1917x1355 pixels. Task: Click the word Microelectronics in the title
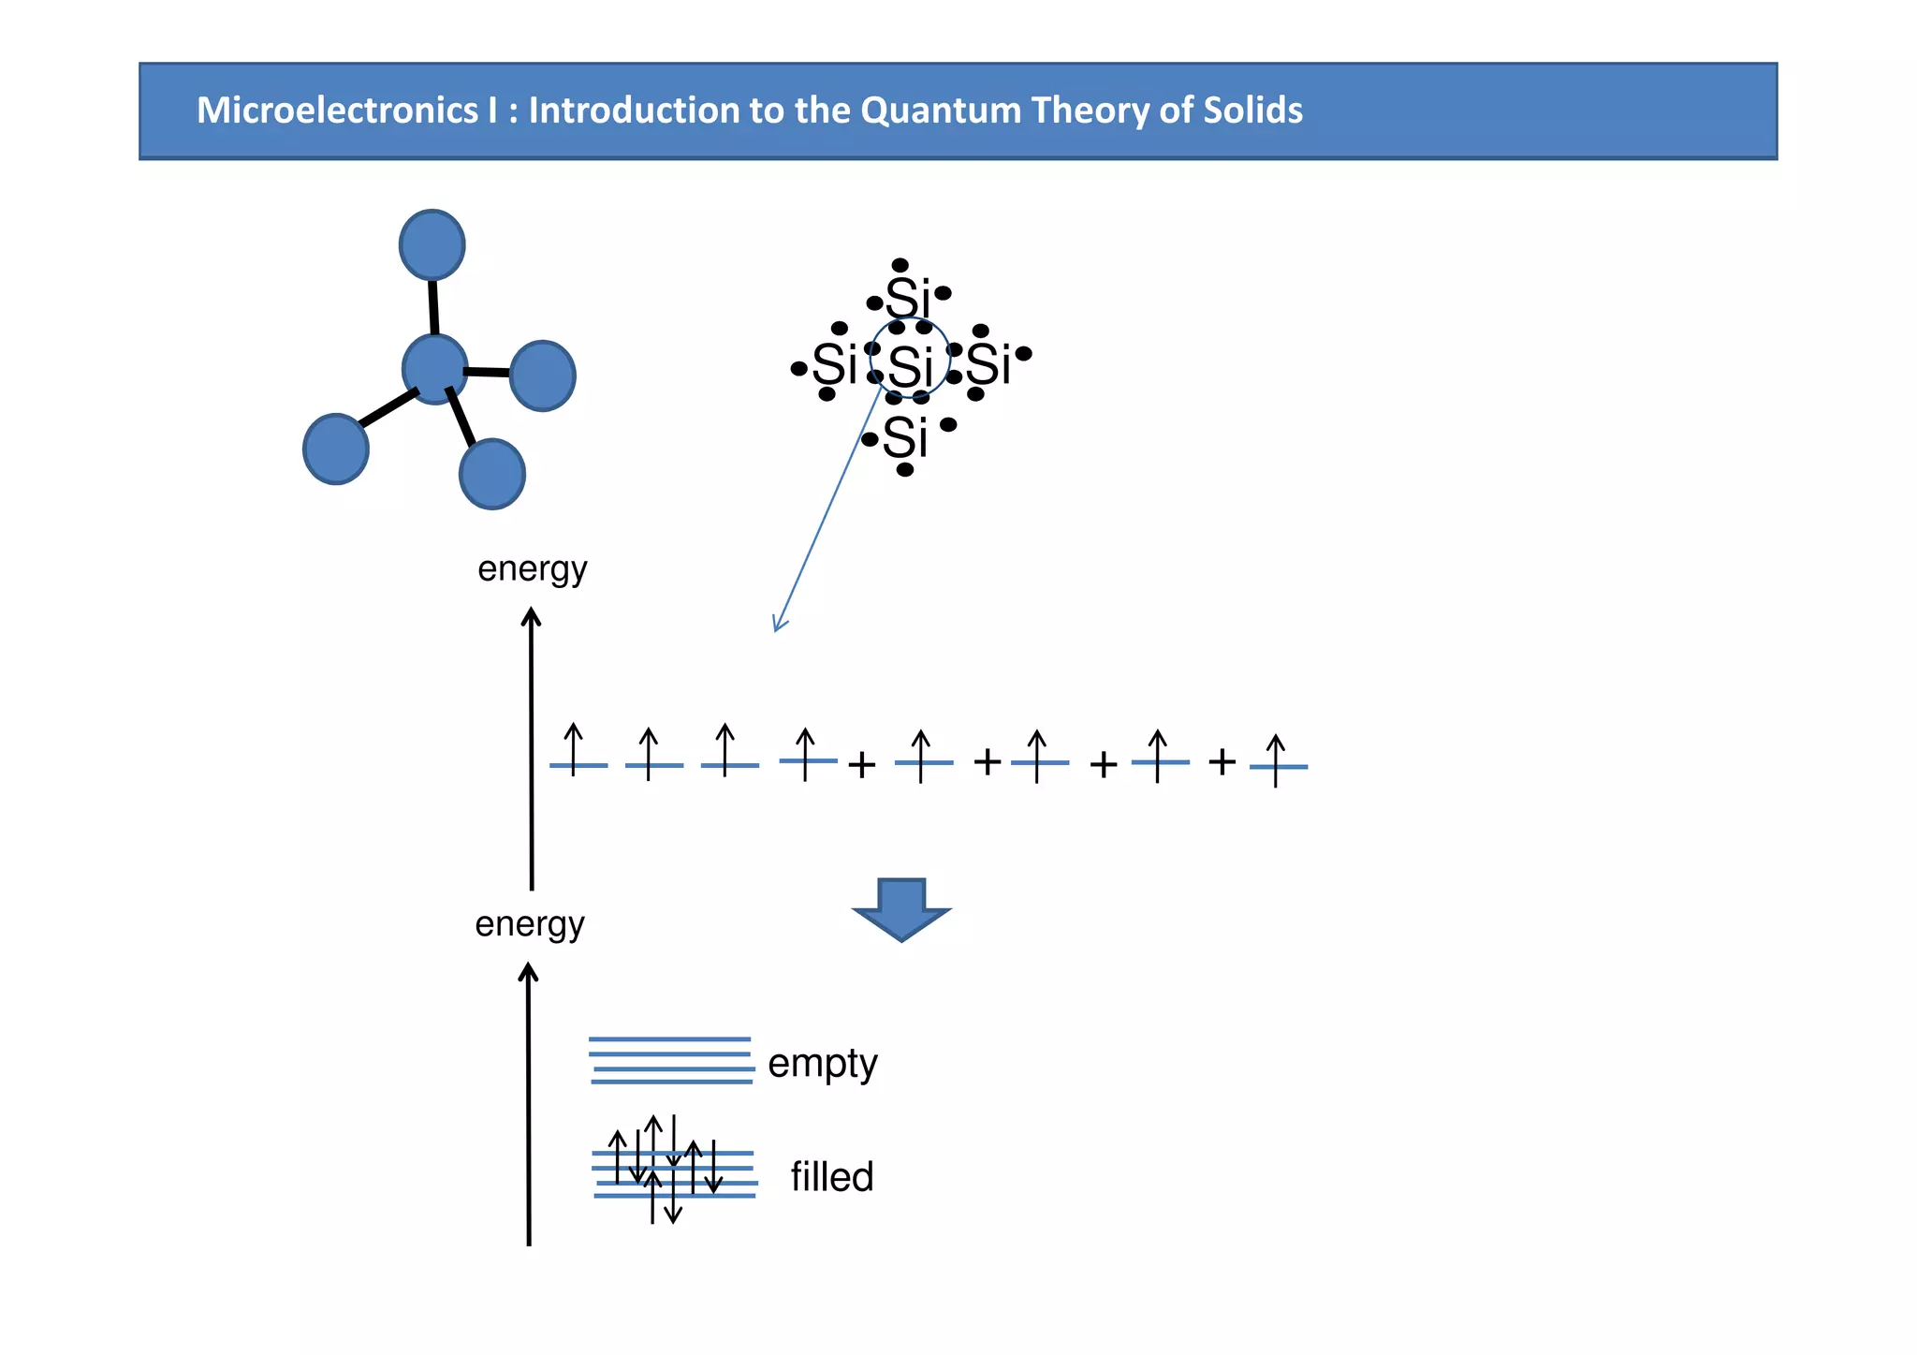click(336, 110)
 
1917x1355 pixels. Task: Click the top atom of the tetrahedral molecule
click(432, 244)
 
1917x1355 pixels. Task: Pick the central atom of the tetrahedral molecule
click(434, 369)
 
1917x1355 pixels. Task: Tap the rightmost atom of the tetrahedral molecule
click(542, 376)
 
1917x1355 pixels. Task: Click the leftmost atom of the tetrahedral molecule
click(335, 449)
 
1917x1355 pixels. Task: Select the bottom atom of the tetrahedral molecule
click(491, 474)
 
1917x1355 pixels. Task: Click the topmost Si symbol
click(908, 300)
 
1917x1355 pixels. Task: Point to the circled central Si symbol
click(911, 366)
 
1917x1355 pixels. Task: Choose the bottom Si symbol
click(905, 437)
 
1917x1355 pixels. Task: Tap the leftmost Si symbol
click(834, 364)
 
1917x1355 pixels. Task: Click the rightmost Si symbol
click(988, 364)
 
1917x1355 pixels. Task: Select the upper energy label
click(532, 568)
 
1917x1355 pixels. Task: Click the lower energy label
click(529, 924)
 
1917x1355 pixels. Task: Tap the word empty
click(822, 1065)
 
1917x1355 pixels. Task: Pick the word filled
click(831, 1177)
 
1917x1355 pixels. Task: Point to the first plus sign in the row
click(861, 765)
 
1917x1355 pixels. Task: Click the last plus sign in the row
click(1222, 761)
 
